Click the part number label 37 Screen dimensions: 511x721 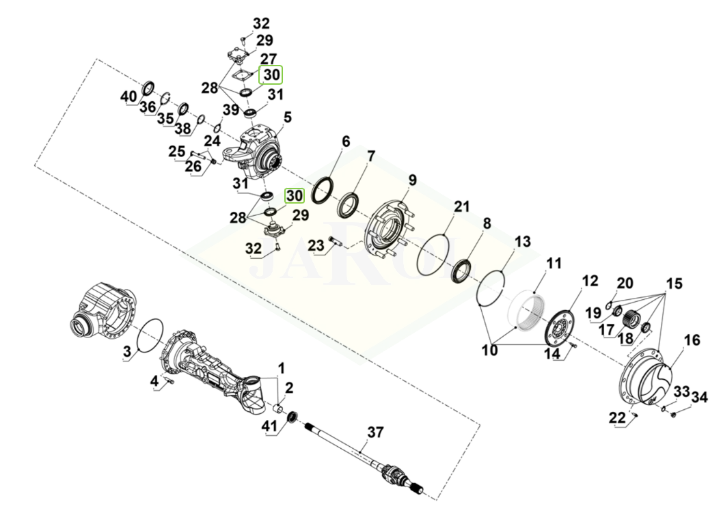click(x=375, y=432)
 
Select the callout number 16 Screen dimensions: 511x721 click(x=691, y=340)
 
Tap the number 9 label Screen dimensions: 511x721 click(x=412, y=180)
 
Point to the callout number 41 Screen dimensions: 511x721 click(x=269, y=428)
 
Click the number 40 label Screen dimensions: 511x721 click(x=128, y=96)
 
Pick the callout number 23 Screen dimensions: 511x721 click(x=315, y=245)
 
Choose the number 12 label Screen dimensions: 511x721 click(x=590, y=280)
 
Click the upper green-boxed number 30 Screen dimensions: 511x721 click(x=271, y=74)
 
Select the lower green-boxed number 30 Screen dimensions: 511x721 click(x=294, y=195)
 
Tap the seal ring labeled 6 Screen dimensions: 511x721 click(x=323, y=191)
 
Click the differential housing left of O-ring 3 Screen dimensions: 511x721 click(x=103, y=312)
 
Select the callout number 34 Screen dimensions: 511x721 click(x=699, y=397)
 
